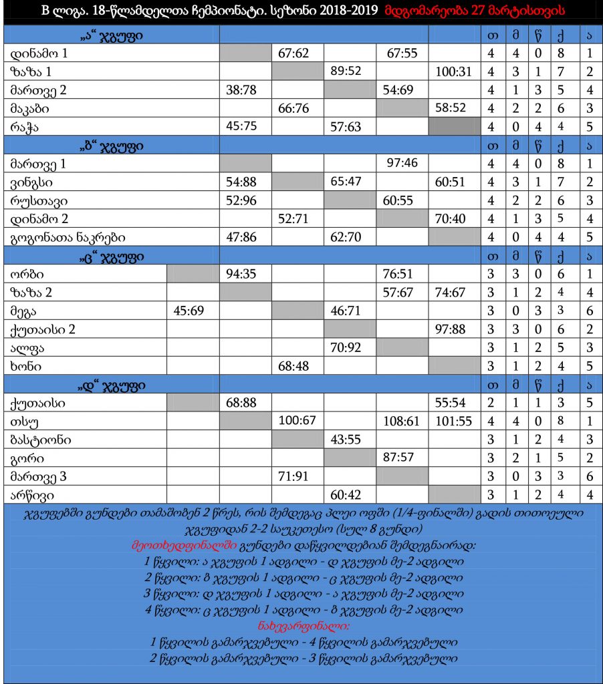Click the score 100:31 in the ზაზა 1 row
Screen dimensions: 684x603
coord(454,71)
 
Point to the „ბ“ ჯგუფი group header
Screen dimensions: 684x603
coord(112,146)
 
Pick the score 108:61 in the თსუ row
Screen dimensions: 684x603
coord(402,421)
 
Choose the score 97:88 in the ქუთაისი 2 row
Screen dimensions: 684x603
coord(454,329)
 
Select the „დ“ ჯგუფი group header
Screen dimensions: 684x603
coord(112,385)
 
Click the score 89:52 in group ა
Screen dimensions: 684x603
coord(350,71)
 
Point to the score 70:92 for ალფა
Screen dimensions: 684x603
coord(350,347)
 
